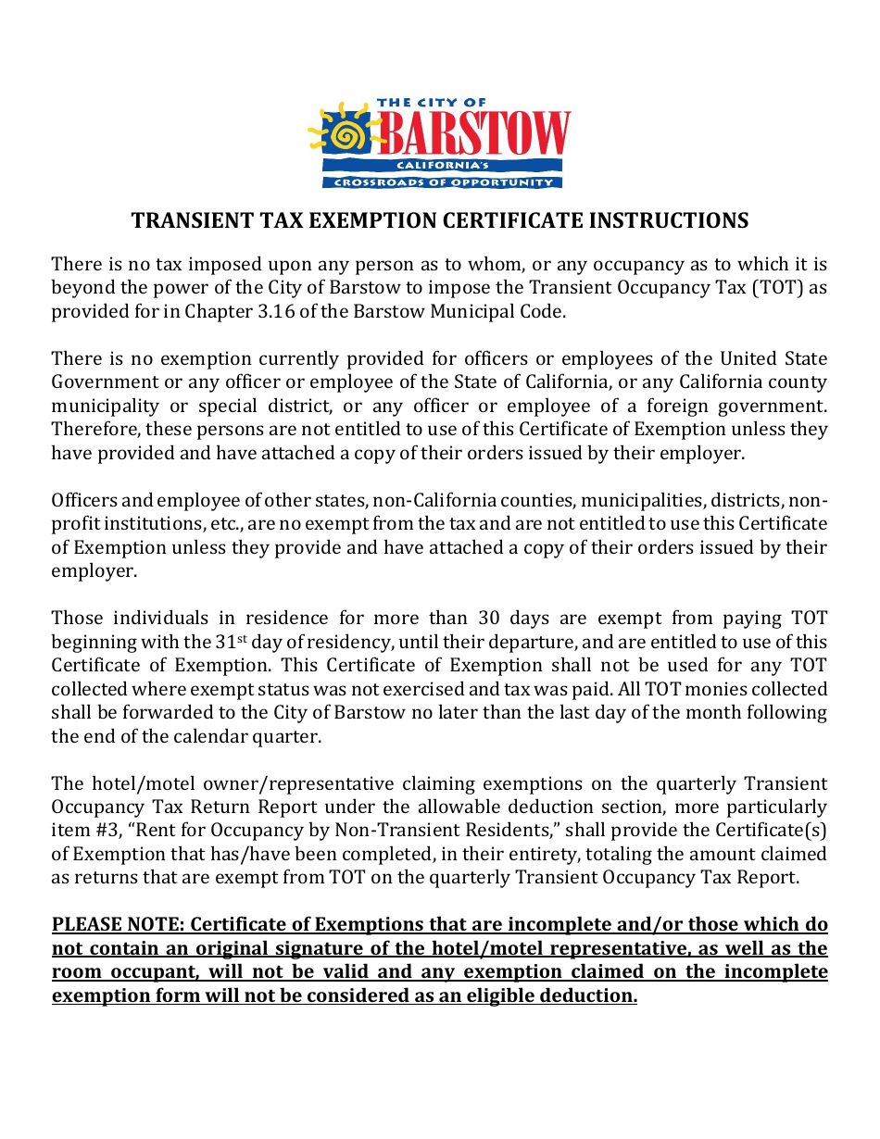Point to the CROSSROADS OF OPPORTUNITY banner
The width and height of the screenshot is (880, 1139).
click(442, 182)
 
